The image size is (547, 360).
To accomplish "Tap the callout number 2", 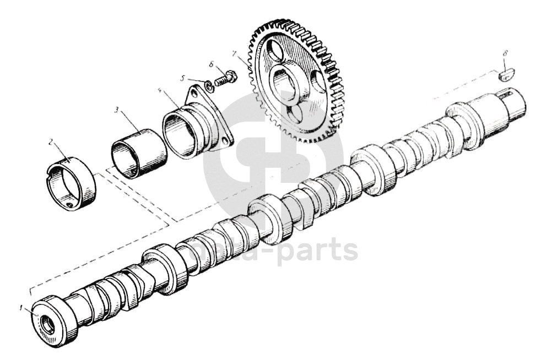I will click(51, 143).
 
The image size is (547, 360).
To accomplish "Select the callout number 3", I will click(116, 110).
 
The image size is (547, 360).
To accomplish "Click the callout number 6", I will click(211, 64).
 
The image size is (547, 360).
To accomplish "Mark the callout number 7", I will click(234, 54).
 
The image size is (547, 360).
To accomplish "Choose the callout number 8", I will click(506, 53).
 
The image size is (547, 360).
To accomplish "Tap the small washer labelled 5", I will click(209, 85).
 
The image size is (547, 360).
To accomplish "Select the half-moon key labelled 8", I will click(506, 72).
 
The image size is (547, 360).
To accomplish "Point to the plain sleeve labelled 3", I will click(139, 154).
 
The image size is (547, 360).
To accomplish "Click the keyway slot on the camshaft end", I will click(510, 101).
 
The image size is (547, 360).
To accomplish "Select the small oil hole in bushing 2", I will click(69, 206).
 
